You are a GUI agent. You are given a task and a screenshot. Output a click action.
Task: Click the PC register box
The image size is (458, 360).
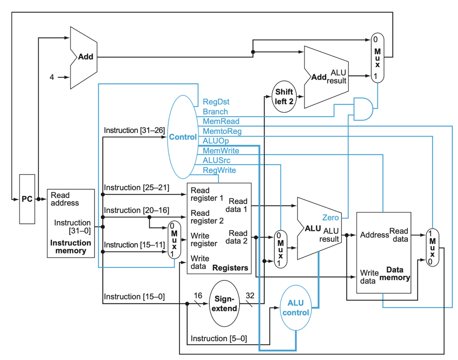pyautogui.click(x=27, y=199)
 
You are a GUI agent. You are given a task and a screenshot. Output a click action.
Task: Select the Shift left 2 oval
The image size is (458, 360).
pyautogui.click(x=284, y=97)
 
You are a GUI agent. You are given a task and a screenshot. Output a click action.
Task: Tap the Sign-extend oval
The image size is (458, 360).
pyautogui.click(x=224, y=303)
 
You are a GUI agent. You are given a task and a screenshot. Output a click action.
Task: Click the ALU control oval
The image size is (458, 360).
pyautogui.click(x=296, y=308)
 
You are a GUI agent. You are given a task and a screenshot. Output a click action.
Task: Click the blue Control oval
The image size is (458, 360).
pyautogui.click(x=183, y=137)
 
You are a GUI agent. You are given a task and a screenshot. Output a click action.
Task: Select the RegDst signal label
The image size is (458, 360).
pyautogui.click(x=216, y=102)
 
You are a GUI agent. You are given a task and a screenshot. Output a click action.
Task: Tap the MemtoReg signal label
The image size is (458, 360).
pyautogui.click(x=222, y=131)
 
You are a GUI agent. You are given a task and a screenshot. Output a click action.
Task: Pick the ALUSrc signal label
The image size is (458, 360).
pyautogui.click(x=216, y=161)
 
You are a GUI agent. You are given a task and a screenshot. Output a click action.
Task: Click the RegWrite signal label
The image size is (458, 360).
pyautogui.click(x=219, y=170)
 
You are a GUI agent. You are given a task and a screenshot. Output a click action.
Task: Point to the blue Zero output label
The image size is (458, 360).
pyautogui.click(x=330, y=217)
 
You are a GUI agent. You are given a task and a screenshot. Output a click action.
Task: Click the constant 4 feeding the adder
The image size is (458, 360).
pyautogui.click(x=52, y=77)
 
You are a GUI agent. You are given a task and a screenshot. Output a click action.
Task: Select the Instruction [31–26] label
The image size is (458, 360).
pyautogui.click(x=134, y=130)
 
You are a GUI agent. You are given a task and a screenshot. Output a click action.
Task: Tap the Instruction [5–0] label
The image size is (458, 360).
pyautogui.click(x=219, y=339)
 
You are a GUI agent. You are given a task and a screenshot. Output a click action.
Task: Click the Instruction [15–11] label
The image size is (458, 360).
pyautogui.click(x=134, y=245)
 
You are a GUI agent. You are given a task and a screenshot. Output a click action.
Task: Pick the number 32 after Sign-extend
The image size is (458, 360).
pyautogui.click(x=250, y=296)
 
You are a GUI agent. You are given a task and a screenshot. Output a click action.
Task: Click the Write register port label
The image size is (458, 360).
pyautogui.click(x=204, y=240)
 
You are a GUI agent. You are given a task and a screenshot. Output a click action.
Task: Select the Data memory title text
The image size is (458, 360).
pyautogui.click(x=394, y=274)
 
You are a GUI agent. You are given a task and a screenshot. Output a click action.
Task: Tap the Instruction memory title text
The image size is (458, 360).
pyautogui.click(x=71, y=247)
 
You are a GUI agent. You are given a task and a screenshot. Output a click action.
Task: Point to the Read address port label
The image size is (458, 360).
pyautogui.click(x=65, y=199)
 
